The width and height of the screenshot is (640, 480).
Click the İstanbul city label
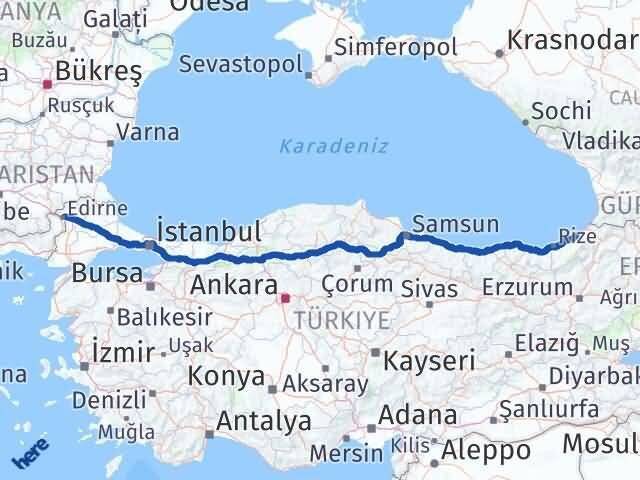210,232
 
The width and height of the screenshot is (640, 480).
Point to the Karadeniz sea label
320,146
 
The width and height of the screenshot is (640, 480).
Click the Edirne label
98,207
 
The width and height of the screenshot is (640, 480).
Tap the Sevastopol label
241,63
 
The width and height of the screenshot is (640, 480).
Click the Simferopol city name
396,46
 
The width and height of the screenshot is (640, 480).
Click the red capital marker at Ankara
285,297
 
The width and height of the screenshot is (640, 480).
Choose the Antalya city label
263,421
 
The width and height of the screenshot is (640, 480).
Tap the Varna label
148,132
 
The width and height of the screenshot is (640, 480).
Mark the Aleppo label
485,450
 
